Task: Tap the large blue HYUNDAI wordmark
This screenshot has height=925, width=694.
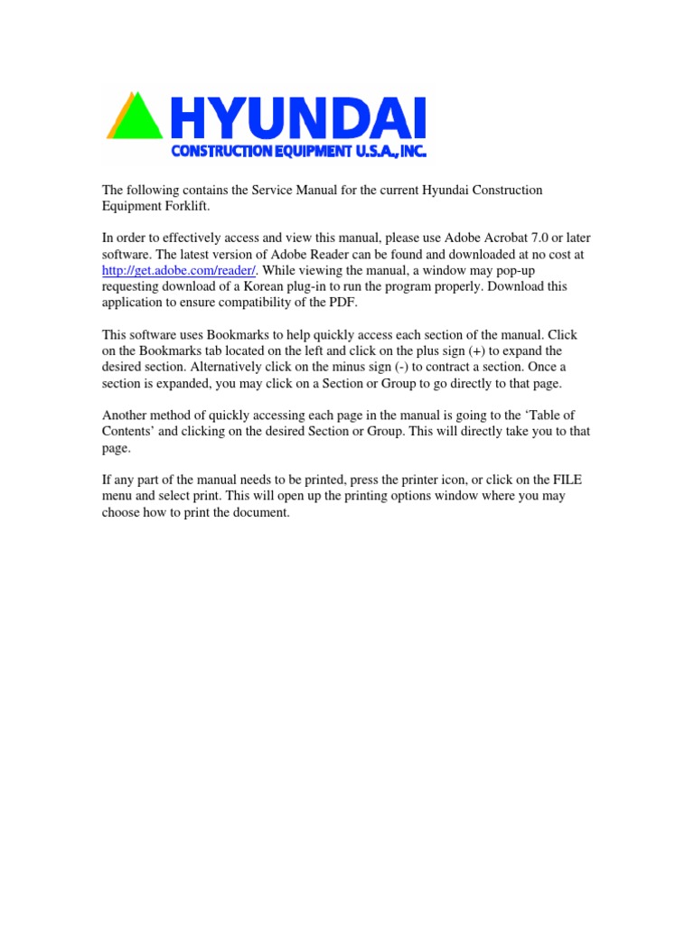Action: (x=299, y=118)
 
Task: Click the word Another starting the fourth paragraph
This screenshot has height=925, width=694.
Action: (x=127, y=416)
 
